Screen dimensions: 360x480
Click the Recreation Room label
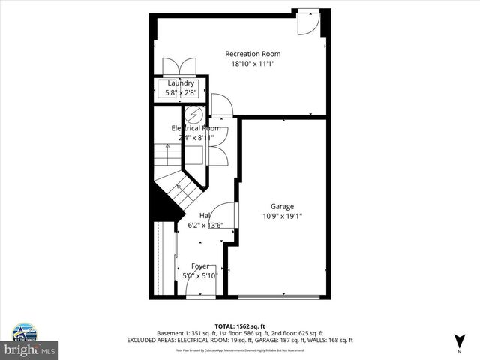pyautogui.click(x=253, y=54)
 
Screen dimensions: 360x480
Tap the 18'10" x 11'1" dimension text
pyautogui.click(x=253, y=64)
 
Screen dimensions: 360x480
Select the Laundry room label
pyautogui.click(x=181, y=83)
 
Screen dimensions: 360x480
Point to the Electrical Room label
pyautogui.click(x=196, y=128)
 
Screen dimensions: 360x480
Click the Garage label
pyautogui.click(x=283, y=207)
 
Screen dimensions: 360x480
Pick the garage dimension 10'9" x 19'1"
pyautogui.click(x=283, y=217)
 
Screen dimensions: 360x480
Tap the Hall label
pyautogui.click(x=205, y=215)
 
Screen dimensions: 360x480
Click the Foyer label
pyautogui.click(x=200, y=266)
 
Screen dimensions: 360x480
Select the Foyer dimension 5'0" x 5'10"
pyautogui.click(x=200, y=275)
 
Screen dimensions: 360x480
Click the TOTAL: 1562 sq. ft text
pyautogui.click(x=239, y=325)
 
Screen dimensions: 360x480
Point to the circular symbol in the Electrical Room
pyautogui.click(x=193, y=113)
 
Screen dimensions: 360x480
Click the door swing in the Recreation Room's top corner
pyautogui.click(x=307, y=23)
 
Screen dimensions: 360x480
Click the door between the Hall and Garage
pyautogui.click(x=229, y=217)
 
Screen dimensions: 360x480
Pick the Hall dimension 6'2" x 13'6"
pyautogui.click(x=205, y=225)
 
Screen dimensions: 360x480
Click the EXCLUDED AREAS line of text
pyautogui.click(x=239, y=340)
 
